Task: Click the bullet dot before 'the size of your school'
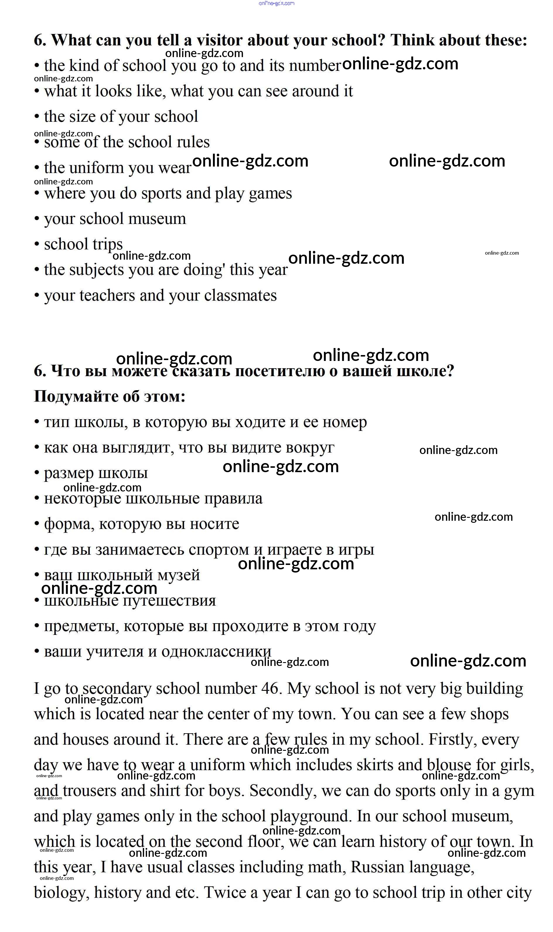coord(37,117)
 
